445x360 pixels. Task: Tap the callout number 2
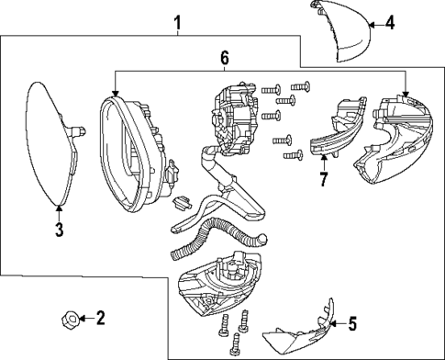(101, 319)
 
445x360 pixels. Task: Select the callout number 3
(58, 231)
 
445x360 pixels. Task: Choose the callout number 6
(223, 57)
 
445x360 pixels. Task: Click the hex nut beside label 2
(68, 319)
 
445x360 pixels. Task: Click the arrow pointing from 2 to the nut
(84, 319)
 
